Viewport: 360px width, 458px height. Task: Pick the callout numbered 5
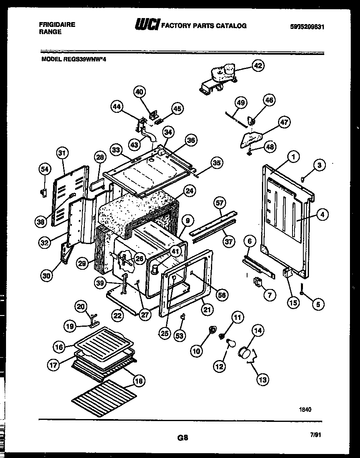[317, 304]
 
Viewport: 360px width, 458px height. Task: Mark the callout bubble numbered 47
[284, 122]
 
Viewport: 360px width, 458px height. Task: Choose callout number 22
[117, 316]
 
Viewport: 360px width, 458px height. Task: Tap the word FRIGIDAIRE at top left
[57, 24]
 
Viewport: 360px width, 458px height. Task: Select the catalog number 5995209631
[307, 27]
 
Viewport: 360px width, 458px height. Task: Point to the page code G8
[182, 438]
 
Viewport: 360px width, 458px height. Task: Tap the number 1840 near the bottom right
[305, 409]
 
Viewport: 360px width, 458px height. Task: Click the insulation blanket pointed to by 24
[137, 213]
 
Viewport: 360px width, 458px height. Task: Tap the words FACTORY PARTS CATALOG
[204, 26]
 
